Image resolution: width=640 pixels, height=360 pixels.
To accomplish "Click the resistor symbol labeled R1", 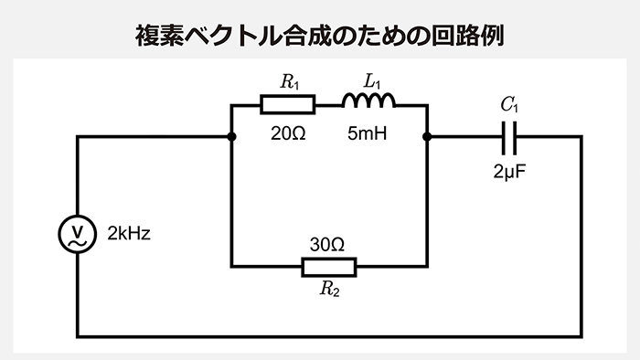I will (288, 106).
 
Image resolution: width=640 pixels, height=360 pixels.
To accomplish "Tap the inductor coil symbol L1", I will (368, 101).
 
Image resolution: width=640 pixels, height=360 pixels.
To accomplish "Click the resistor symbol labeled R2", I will (329, 267).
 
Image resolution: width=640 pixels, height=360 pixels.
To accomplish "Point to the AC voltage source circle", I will (78, 235).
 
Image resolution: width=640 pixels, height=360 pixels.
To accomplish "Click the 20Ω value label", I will (288, 133).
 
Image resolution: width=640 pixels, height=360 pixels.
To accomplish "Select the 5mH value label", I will (368, 133).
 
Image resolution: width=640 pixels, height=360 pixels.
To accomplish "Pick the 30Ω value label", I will (327, 245).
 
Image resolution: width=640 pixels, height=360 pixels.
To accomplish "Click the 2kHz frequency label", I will (129, 233).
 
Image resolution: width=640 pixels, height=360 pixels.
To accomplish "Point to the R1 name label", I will (290, 82).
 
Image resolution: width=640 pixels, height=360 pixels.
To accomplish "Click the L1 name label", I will (371, 82).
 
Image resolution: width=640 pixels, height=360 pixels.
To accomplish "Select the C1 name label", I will (510, 105).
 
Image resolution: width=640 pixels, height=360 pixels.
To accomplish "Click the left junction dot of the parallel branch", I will (232, 137).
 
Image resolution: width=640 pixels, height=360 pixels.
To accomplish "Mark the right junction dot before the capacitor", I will (428, 137).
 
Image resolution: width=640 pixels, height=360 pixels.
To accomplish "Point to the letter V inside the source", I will (78, 229).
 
